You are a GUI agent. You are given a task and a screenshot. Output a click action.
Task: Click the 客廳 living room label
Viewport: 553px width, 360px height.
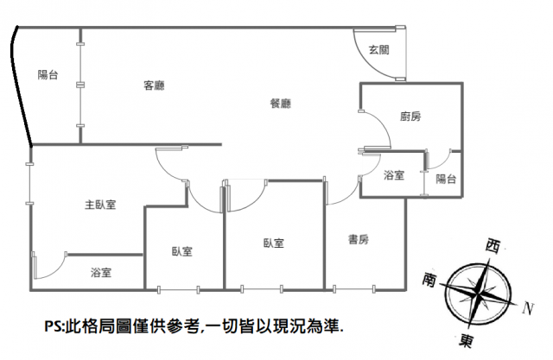click(x=155, y=85)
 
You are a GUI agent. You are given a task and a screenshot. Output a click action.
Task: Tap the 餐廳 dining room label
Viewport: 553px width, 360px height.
click(x=280, y=104)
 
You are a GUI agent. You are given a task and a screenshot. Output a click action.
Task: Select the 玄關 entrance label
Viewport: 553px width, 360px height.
click(x=378, y=49)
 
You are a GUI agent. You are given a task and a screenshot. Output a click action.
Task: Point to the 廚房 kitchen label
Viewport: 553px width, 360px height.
click(x=410, y=117)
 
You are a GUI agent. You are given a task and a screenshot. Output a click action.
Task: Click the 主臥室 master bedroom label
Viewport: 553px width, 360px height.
click(x=100, y=205)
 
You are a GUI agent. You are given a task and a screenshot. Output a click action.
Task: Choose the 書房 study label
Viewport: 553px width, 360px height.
click(x=359, y=239)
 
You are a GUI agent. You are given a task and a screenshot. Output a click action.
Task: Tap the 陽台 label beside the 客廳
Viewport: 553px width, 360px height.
click(x=48, y=75)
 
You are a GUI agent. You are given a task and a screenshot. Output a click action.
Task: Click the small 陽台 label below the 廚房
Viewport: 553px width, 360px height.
click(x=446, y=179)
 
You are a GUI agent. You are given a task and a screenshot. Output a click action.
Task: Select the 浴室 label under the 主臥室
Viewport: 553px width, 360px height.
click(x=101, y=273)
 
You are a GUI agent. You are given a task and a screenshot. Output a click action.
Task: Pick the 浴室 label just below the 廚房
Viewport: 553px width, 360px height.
click(x=394, y=175)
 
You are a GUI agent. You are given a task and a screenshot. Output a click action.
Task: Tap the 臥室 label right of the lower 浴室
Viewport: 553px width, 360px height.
click(x=181, y=251)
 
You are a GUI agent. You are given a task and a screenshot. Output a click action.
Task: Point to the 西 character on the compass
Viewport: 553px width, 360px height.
click(x=493, y=246)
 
